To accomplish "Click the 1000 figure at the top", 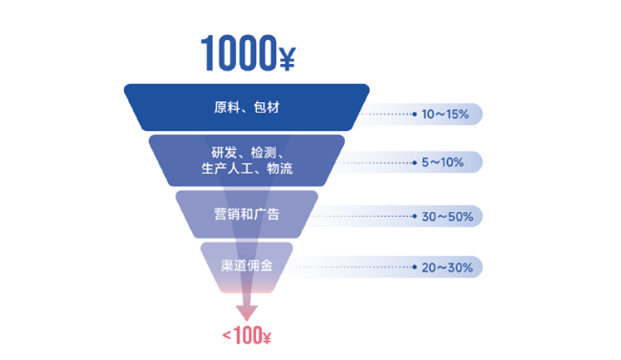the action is [x=239, y=53].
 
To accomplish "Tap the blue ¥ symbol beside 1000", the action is [x=288, y=59].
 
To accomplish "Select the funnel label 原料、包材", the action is [x=246, y=107].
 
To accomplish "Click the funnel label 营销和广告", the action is [x=246, y=214].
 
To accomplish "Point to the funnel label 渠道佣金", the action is [x=246, y=265].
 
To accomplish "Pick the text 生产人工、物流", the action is [x=246, y=169].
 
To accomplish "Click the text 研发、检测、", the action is [x=246, y=153].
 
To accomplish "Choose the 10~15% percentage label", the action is [x=445, y=115].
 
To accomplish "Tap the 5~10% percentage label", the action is [x=442, y=162].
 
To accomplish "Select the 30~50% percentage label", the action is [x=447, y=217].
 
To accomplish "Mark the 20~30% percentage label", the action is [x=447, y=267].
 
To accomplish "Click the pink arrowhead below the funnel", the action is [x=246, y=312].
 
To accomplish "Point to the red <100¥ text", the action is [x=246, y=336].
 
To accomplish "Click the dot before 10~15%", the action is [x=415, y=114].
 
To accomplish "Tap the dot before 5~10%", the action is [x=415, y=162].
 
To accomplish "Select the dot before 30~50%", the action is [x=415, y=216].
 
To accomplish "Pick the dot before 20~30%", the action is [x=415, y=267].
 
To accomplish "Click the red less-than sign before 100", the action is [x=226, y=336].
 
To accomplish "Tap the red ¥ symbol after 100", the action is [x=267, y=338].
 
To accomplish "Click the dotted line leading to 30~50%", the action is [x=356, y=216].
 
